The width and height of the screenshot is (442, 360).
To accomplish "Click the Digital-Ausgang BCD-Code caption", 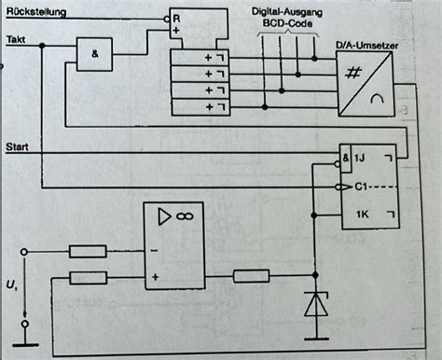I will click(284, 21).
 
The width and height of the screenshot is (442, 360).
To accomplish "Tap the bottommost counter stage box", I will click(197, 108).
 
